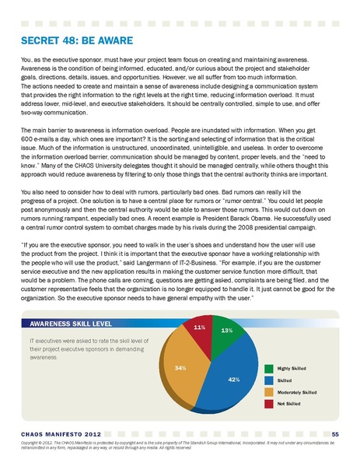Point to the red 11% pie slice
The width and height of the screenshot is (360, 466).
click(x=200, y=332)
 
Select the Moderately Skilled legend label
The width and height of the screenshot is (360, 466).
click(x=297, y=393)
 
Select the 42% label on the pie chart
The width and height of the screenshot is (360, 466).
click(x=233, y=379)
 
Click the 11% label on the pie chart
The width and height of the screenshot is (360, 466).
click(x=199, y=328)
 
